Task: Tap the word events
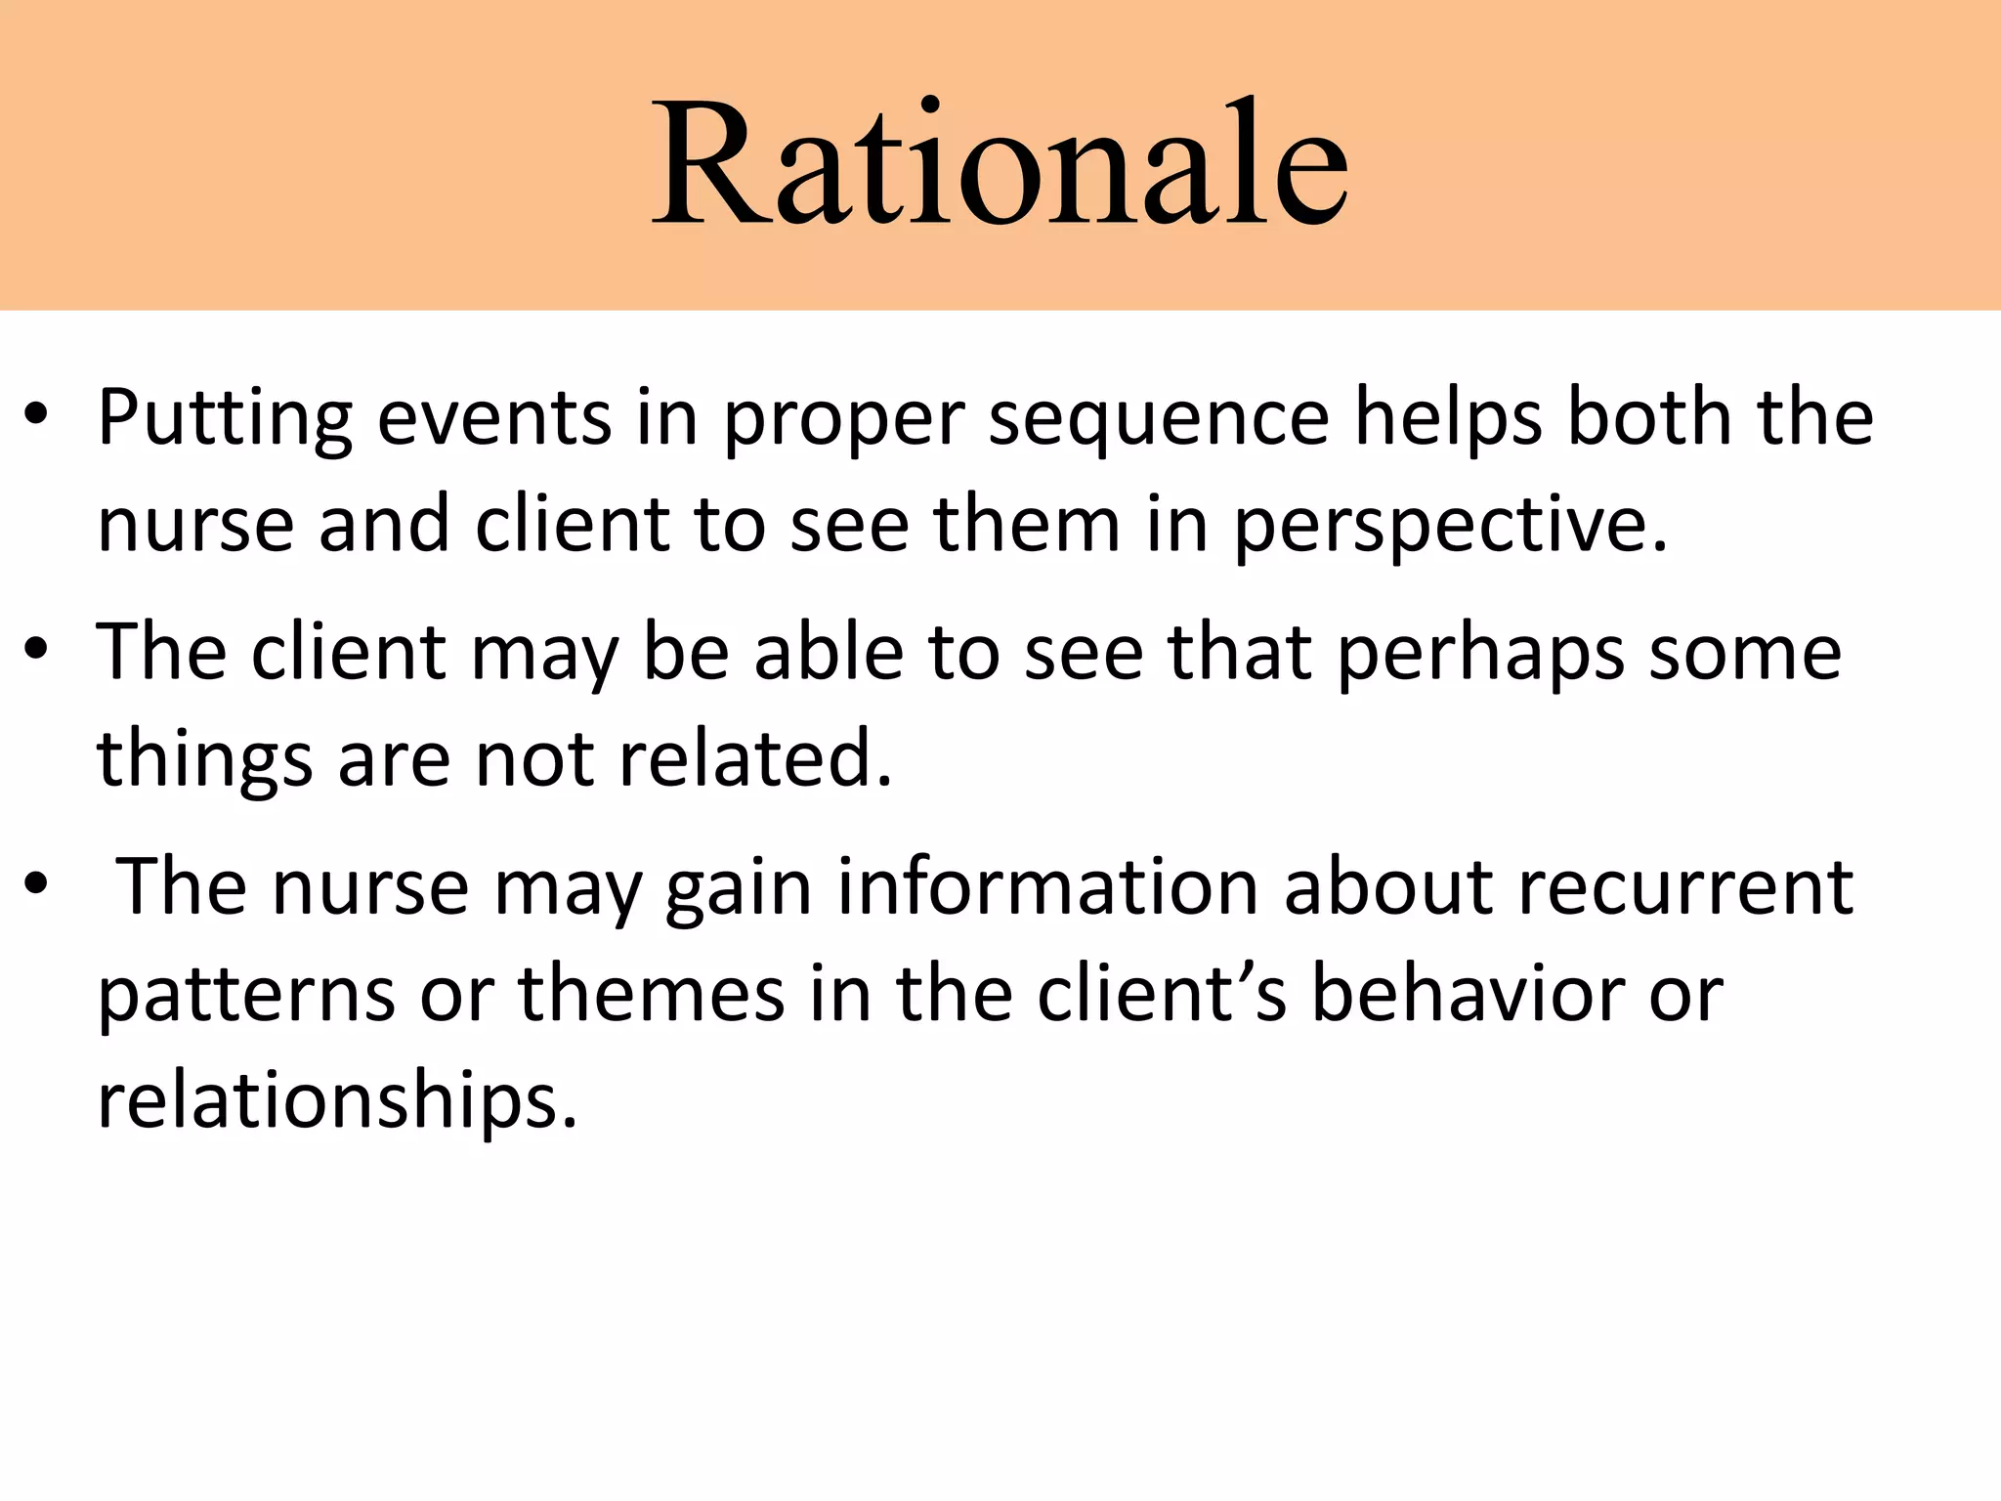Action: tap(494, 418)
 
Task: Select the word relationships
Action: tap(338, 1102)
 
